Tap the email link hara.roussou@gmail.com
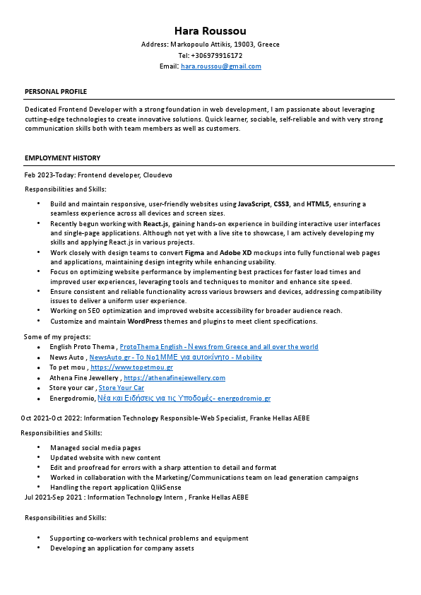pos(221,66)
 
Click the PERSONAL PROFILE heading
pos(56,92)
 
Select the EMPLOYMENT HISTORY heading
pos(62,158)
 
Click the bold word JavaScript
pos(254,204)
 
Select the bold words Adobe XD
pos(236,252)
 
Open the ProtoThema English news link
pos(219,347)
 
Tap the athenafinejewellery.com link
pos(174,378)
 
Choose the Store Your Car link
pos(121,388)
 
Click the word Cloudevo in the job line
pos(158,175)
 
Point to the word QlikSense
pos(165,488)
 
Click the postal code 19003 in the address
pos(244,44)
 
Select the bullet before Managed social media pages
pos(38,448)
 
